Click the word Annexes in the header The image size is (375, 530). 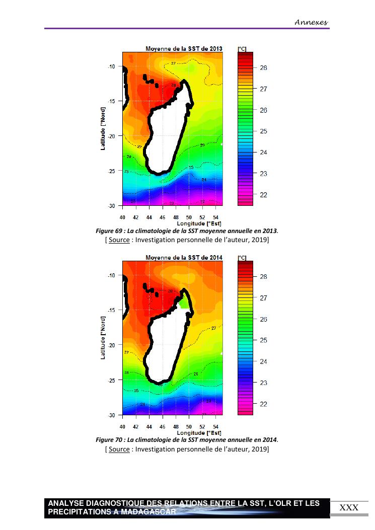tap(311, 22)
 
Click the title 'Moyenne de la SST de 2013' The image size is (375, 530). tap(184, 49)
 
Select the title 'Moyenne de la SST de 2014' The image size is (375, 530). tap(184, 257)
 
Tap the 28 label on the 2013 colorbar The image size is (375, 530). tap(263, 68)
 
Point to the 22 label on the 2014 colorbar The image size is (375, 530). tap(263, 404)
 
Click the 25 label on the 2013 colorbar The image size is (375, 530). tap(263, 131)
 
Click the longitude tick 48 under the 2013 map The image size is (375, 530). tap(175, 217)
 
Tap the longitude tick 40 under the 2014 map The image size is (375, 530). tap(122, 426)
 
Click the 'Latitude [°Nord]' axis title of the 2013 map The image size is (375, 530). tap(103, 128)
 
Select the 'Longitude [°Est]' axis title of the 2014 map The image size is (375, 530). tap(199, 433)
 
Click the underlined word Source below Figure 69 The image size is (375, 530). tap(119, 240)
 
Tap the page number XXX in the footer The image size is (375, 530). tap(349, 508)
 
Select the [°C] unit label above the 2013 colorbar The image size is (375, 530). tap(242, 49)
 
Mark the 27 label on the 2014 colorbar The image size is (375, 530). tap(263, 298)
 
